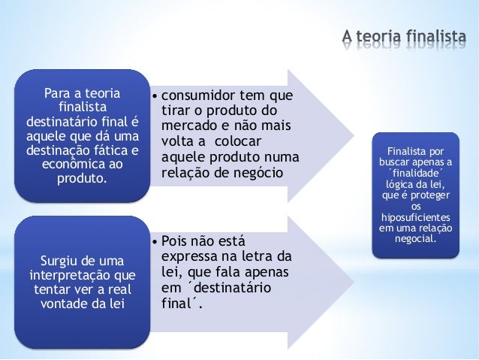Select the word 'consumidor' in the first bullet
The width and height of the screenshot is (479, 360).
pyautogui.click(x=197, y=97)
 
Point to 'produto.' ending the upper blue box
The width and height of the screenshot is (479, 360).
pyautogui.click(x=82, y=179)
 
